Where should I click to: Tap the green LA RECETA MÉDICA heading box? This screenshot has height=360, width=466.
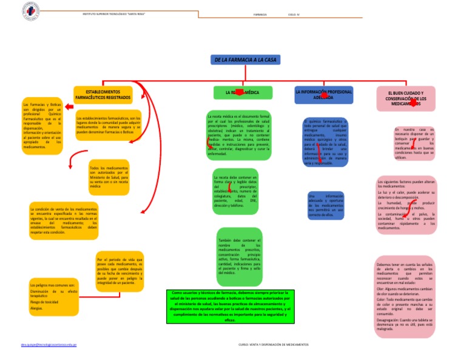238,93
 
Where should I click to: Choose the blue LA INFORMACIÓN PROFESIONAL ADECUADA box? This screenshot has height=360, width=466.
323,94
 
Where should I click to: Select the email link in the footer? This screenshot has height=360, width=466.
48,344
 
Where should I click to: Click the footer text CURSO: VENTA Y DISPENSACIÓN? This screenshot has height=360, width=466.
274,344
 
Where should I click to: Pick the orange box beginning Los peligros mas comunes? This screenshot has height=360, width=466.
53,297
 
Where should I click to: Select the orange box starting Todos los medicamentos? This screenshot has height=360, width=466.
108,177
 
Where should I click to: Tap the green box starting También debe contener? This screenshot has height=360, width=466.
239,257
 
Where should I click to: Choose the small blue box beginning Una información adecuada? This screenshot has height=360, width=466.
325,206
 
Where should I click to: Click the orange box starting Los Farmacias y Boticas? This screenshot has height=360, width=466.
42,125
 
